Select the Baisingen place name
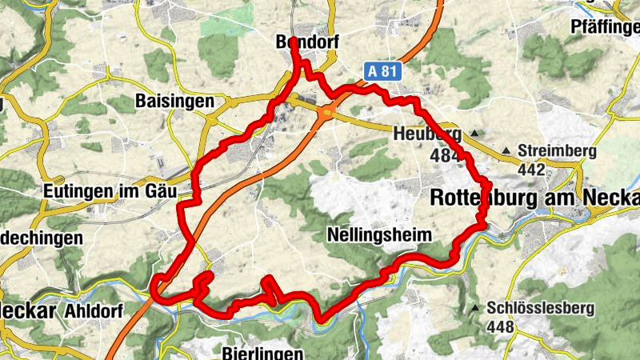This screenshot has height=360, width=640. click(174, 102)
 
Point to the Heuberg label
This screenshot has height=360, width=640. click(427, 134)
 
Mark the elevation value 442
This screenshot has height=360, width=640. click(530, 170)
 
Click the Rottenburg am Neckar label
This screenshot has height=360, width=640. click(534, 197)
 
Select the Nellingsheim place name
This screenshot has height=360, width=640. click(379, 235)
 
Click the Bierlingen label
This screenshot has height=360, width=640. click(263, 353)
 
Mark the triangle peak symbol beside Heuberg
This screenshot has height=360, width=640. click(476, 134)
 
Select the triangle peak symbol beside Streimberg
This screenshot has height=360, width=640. click(506, 150)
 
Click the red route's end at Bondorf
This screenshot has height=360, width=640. click(293, 40)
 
